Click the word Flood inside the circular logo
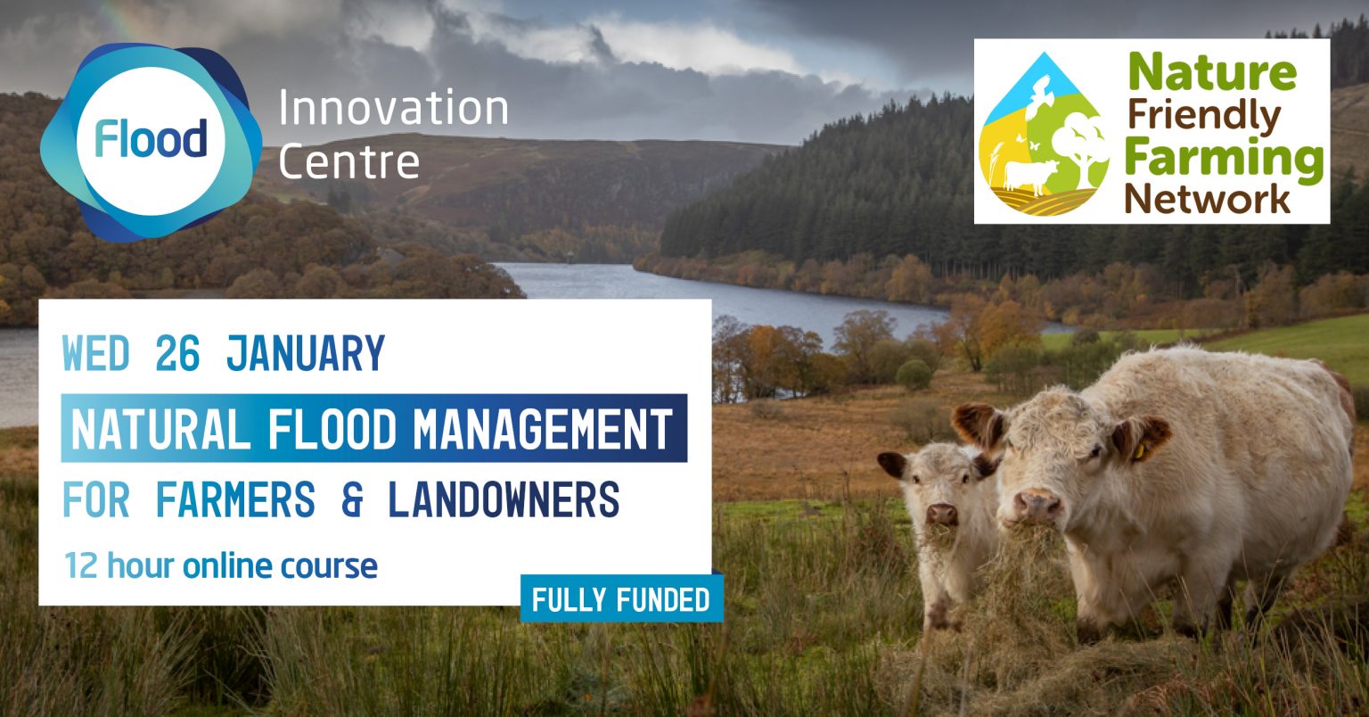[152, 140]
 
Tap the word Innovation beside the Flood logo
[393, 109]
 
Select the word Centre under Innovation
[348, 161]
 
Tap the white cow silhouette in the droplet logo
[1029, 174]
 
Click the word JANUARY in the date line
[306, 354]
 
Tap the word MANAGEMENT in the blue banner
[543, 429]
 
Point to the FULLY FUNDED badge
[620, 599]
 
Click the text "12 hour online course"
[221, 565]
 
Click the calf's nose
[942, 514]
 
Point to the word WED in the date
[96, 354]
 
